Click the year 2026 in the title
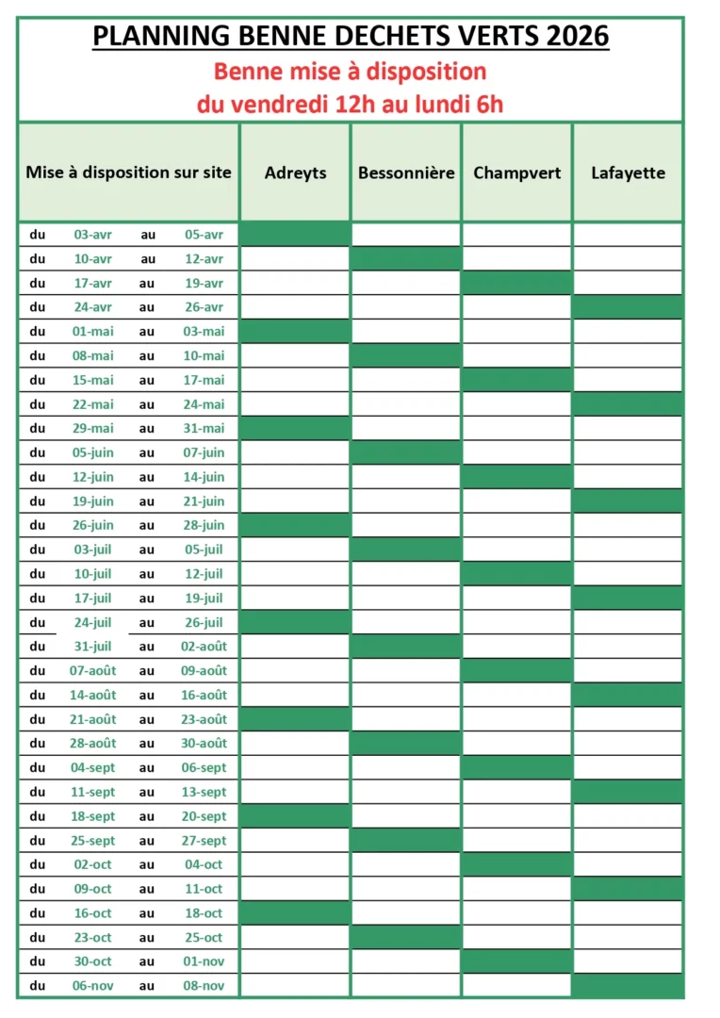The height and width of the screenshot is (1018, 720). tap(574, 37)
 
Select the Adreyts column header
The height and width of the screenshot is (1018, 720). tap(295, 172)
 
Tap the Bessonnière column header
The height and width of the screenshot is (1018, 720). tap(406, 172)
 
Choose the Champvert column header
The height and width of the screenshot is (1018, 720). tap(516, 172)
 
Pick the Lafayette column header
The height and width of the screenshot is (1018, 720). tap(628, 172)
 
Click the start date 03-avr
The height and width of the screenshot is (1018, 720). tap(93, 235)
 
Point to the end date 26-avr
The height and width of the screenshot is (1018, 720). tap(204, 307)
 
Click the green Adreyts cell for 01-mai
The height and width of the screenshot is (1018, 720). tap(295, 331)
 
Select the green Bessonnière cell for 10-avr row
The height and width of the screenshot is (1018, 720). tap(406, 258)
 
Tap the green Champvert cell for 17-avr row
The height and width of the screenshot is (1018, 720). tap(516, 283)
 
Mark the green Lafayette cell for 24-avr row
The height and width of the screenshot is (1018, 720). tap(628, 307)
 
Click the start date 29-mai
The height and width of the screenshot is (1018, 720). tap(93, 428)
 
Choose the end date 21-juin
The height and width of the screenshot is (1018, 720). tap(204, 501)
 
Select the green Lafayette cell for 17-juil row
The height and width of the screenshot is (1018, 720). tap(628, 598)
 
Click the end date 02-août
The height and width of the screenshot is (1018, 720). tap(204, 647)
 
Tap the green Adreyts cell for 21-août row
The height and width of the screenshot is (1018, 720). tap(295, 719)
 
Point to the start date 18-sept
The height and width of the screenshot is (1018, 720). tap(93, 816)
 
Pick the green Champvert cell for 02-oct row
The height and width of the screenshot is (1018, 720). tap(516, 864)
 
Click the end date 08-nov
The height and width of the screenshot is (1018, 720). tap(204, 986)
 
